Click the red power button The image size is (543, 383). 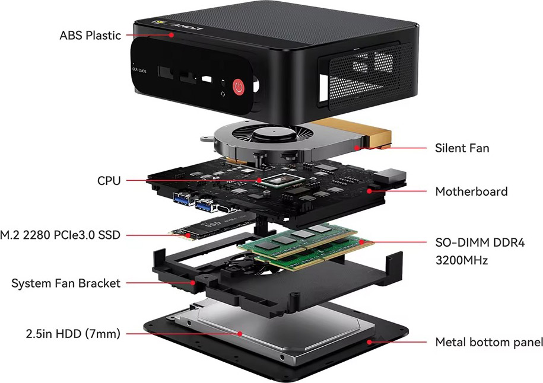point(238,87)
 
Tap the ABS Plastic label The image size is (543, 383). point(90,36)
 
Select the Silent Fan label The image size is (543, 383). point(462,148)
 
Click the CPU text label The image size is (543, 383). point(109,181)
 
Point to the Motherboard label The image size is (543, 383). point(471,191)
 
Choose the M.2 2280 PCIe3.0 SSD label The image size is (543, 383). point(61,235)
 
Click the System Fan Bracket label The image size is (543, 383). point(66,283)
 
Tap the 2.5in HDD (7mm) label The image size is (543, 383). point(73,334)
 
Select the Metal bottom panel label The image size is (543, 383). point(489,342)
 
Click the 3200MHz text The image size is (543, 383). point(461,260)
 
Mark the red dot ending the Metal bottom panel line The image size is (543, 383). point(370,342)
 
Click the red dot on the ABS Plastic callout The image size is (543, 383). point(171,34)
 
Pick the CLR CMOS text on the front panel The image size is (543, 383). point(139,70)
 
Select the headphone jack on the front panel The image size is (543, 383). point(223,84)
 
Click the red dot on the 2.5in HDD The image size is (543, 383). point(240,334)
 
